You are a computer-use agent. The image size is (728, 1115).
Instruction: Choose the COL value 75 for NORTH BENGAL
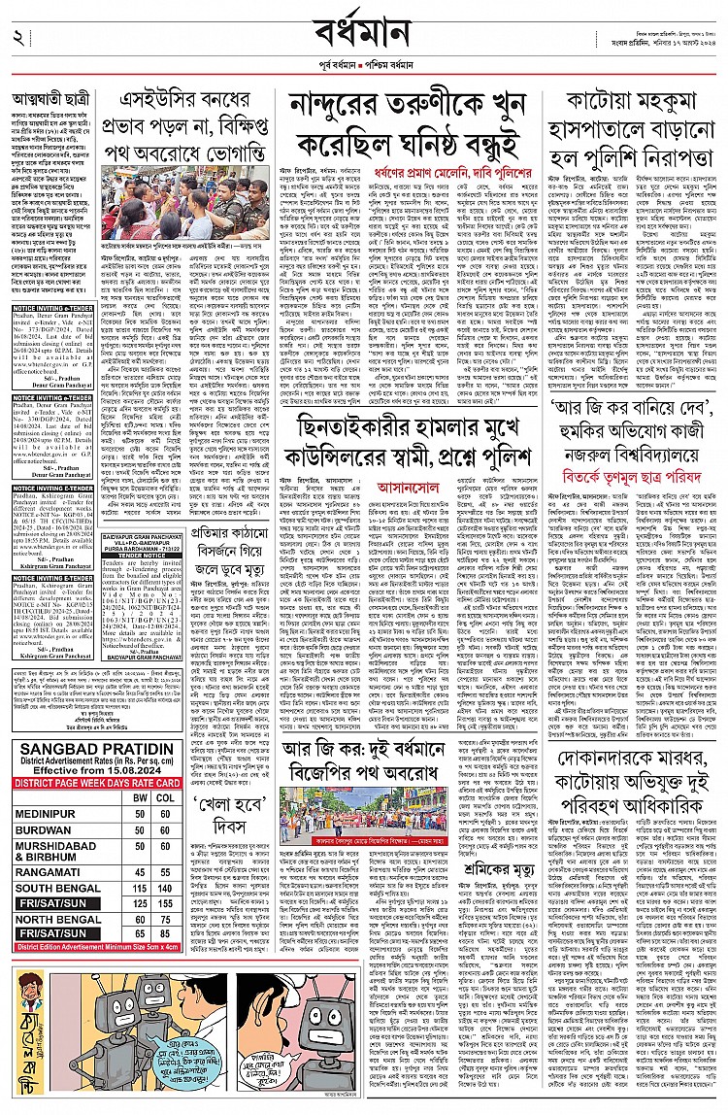(x=167, y=920)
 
